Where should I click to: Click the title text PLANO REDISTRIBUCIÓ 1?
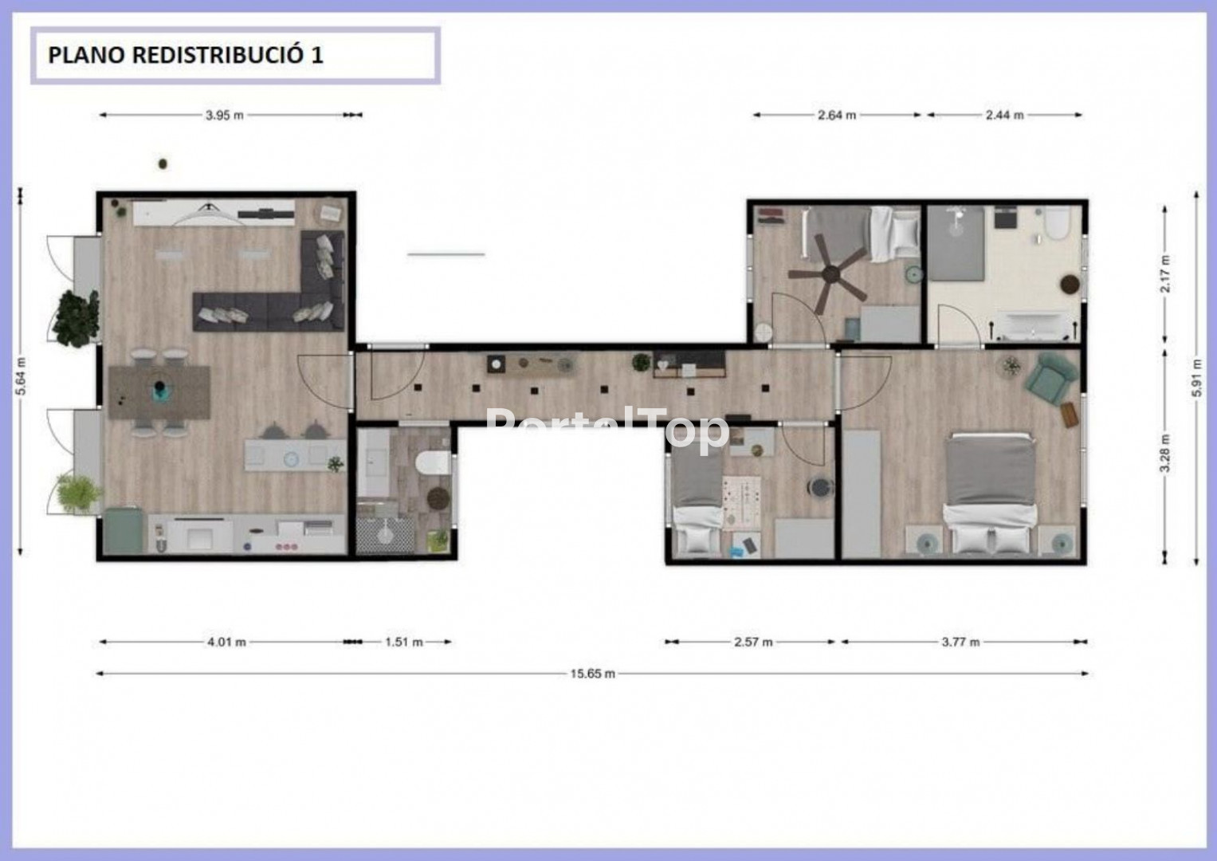(186, 56)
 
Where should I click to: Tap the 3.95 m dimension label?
(225, 116)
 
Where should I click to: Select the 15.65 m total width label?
(593, 674)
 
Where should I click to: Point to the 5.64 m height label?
(22, 375)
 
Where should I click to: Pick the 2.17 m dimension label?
(1165, 273)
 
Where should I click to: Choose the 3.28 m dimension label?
(1165, 453)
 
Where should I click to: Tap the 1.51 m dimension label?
(404, 642)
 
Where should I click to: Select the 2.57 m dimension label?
(754, 642)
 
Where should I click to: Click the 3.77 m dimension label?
(960, 642)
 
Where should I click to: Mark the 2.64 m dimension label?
(837, 116)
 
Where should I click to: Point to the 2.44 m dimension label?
(1004, 116)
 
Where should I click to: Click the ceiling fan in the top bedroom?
(830, 273)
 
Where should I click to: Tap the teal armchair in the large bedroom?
(1050, 377)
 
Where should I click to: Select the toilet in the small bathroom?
(433, 463)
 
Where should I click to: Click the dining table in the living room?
(159, 392)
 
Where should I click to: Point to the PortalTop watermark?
(607, 429)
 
